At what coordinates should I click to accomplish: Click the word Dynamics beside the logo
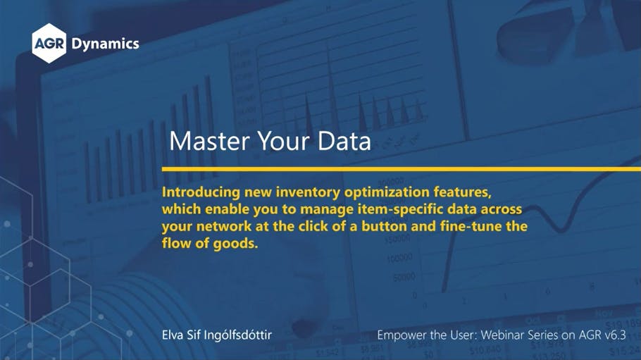(105, 44)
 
